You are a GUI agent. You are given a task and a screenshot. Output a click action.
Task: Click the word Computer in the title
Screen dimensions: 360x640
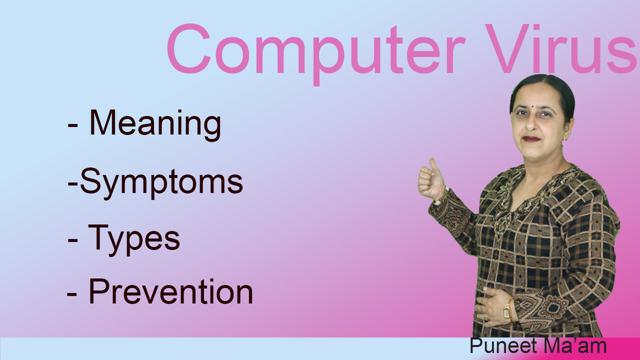click(314, 50)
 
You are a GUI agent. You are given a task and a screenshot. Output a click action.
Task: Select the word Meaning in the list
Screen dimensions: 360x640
click(155, 123)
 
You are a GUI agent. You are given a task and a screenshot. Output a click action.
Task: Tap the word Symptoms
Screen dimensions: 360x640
click(161, 182)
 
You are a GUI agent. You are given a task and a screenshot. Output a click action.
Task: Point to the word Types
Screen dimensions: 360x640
click(134, 239)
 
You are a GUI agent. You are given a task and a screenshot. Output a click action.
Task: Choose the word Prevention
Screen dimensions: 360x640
click(170, 292)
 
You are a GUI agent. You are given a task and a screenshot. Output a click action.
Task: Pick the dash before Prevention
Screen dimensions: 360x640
click(72, 295)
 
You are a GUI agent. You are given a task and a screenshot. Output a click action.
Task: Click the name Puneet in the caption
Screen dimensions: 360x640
click(501, 346)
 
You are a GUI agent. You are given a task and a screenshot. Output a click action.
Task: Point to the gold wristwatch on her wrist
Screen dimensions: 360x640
click(507, 312)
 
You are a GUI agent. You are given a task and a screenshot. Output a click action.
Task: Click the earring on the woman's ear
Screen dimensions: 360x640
click(566, 136)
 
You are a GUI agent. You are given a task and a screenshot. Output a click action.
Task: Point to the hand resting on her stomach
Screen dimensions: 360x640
click(492, 305)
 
